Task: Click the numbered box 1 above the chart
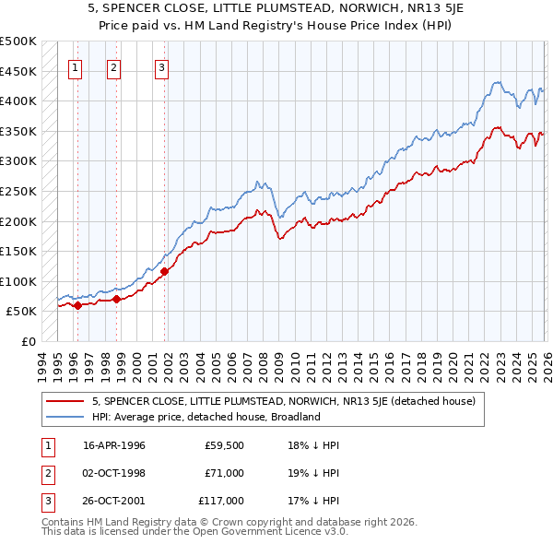click(x=75, y=66)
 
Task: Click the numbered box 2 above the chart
click(x=113, y=66)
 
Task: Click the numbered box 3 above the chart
click(x=161, y=66)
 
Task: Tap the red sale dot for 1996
click(x=77, y=305)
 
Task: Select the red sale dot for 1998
click(x=117, y=299)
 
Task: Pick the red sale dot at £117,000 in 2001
click(x=165, y=271)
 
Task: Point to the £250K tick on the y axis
click(x=18, y=191)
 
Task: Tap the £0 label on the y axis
click(x=28, y=341)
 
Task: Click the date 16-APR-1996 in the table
click(x=114, y=444)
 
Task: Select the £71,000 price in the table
click(x=224, y=472)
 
